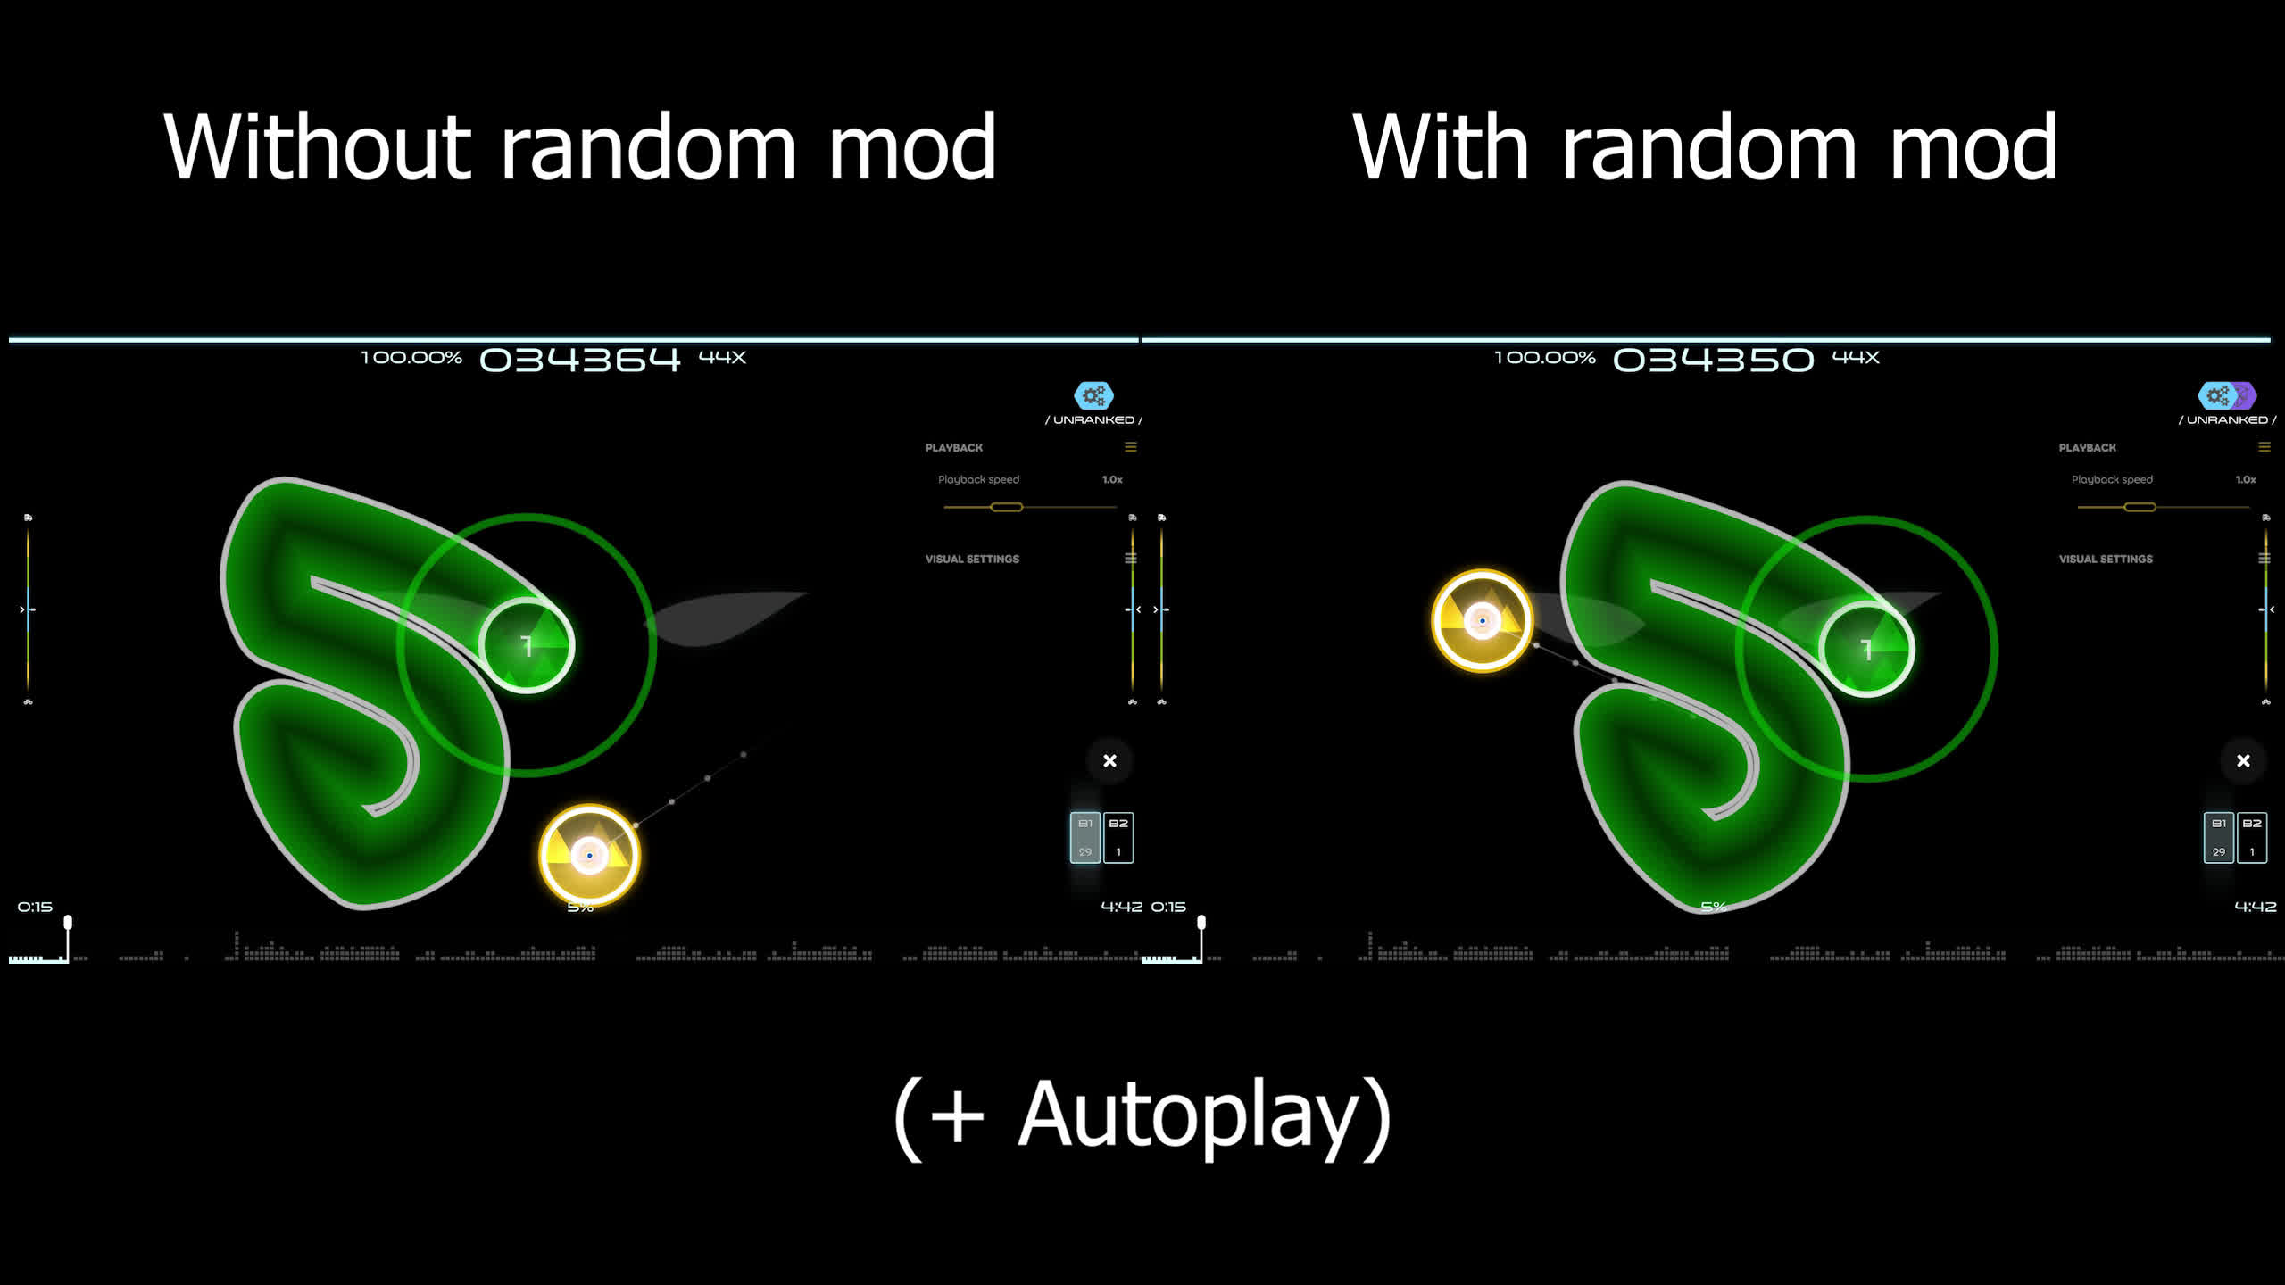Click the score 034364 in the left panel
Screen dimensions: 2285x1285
point(580,360)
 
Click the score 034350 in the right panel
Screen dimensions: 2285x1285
point(1714,360)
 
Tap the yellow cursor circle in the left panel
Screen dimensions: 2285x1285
point(589,855)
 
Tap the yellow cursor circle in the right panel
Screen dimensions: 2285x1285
point(1482,620)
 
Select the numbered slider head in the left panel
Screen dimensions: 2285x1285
point(527,645)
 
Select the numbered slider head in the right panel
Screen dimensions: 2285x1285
point(1866,649)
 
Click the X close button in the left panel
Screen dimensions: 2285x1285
point(1109,760)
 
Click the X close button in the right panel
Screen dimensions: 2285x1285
point(2243,760)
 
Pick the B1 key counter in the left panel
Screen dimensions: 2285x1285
point(1085,837)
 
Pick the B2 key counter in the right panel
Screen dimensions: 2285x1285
point(2252,837)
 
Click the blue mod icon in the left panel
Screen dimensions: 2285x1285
point(1093,394)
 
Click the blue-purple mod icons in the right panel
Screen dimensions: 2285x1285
point(2227,394)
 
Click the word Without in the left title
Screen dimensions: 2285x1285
point(317,146)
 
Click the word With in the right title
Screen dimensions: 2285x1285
point(1441,146)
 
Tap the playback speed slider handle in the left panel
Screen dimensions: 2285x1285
point(1006,507)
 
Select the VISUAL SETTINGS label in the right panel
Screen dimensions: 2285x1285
point(2106,559)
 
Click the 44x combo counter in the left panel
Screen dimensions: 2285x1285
point(722,357)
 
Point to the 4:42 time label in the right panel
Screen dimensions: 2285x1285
point(2256,907)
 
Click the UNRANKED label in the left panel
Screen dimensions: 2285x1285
point(1093,419)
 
